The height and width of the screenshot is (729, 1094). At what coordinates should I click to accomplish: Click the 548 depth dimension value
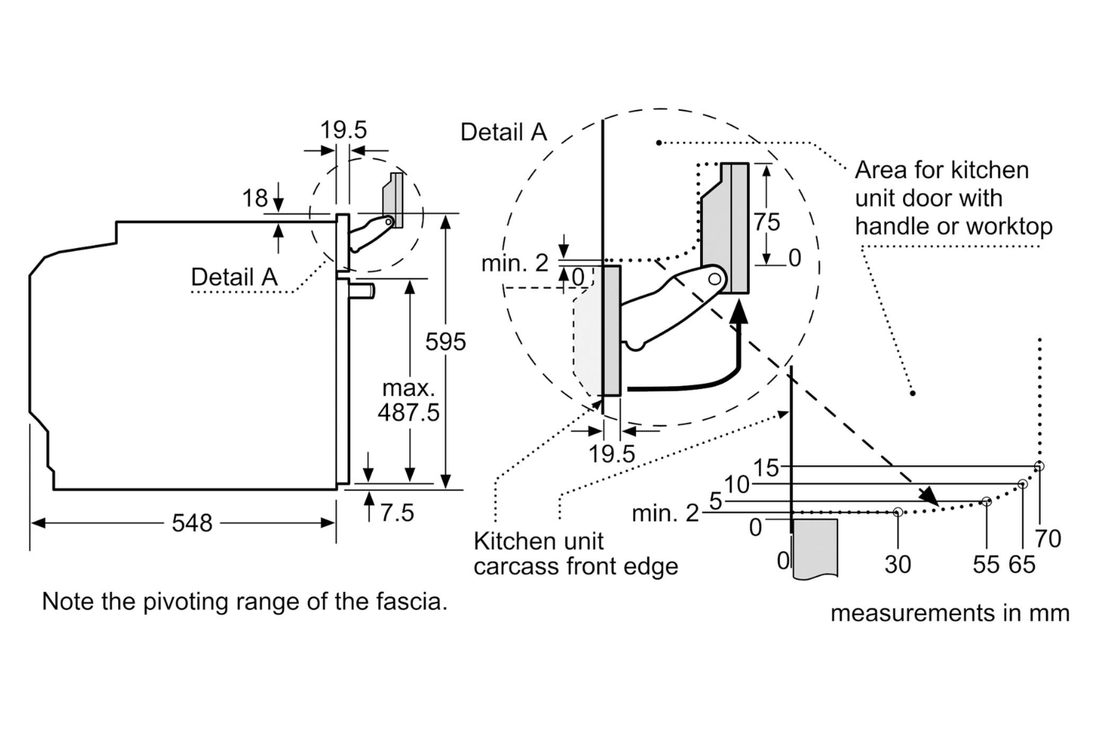pyautogui.click(x=192, y=523)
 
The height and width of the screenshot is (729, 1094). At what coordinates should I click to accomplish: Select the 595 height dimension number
pyautogui.click(x=446, y=342)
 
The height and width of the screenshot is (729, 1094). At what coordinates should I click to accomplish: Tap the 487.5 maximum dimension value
pyautogui.click(x=408, y=412)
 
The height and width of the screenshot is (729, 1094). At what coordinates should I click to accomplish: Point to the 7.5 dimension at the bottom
pyautogui.click(x=397, y=512)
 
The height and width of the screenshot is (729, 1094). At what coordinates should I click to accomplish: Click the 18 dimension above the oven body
pyautogui.click(x=255, y=198)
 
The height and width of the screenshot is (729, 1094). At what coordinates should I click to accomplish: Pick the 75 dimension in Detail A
pyautogui.click(x=767, y=222)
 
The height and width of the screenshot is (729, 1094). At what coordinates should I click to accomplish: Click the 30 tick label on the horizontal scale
pyautogui.click(x=898, y=564)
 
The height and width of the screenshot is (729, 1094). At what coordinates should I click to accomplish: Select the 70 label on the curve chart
pyautogui.click(x=1047, y=539)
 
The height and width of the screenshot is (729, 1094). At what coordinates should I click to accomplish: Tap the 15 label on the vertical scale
pyautogui.click(x=766, y=468)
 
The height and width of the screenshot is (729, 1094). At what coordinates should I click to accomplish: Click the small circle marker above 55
pyautogui.click(x=987, y=502)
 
